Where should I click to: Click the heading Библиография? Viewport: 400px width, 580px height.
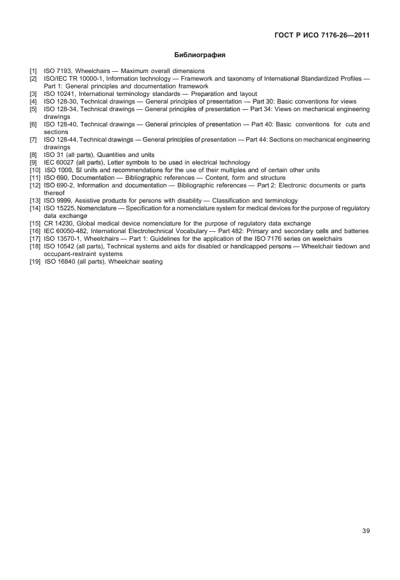coord(200,55)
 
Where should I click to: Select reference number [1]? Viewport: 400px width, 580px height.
coord(33,71)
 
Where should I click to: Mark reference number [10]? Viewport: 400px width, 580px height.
coord(35,170)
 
